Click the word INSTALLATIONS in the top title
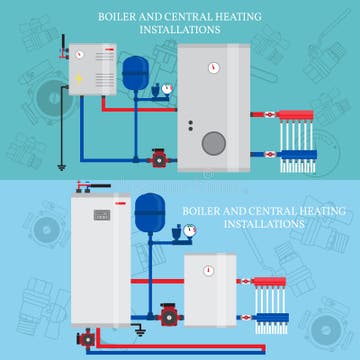tap(184, 29)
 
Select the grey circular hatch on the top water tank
tap(214, 142)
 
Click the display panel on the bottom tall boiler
tap(100, 215)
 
